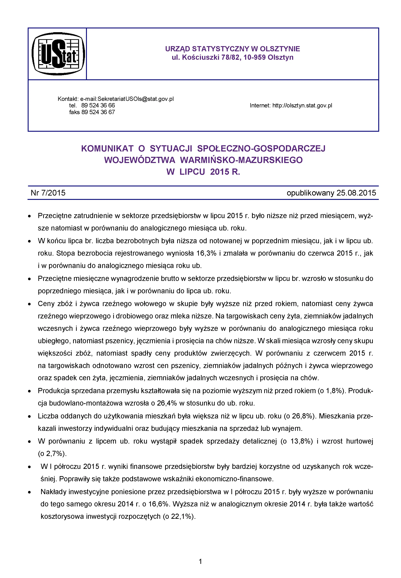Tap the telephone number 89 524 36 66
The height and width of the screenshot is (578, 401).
click(98, 105)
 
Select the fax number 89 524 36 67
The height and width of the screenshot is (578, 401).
click(98, 112)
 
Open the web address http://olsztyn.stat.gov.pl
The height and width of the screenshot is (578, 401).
click(302, 105)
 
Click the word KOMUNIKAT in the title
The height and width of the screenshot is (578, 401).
click(107, 149)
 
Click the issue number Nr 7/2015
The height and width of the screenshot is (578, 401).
click(48, 193)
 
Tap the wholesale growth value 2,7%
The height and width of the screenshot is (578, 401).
click(54, 454)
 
